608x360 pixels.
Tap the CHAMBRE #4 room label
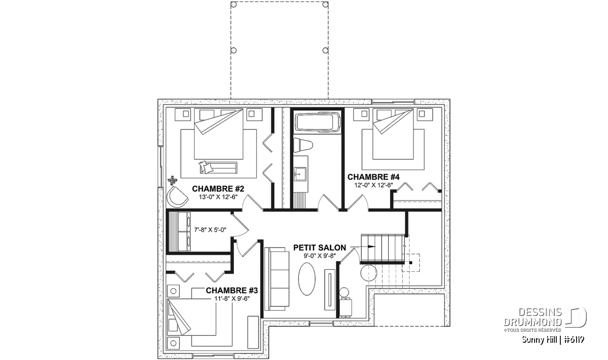374,177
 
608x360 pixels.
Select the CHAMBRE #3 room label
232,291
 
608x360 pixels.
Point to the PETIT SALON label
320,248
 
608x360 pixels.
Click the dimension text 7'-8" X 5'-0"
210,230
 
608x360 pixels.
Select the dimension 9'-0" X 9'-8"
320,256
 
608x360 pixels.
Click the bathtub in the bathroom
317,123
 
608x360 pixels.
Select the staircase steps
384,248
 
